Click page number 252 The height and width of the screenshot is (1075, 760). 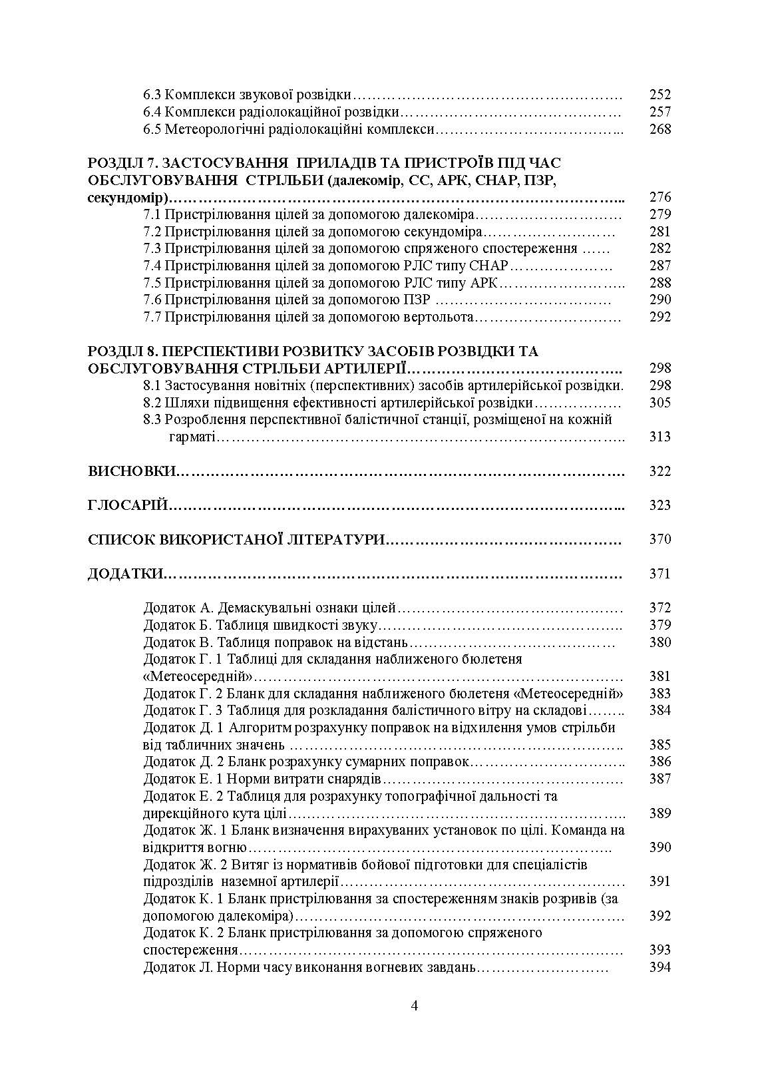coord(660,95)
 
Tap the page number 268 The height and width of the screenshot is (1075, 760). coord(660,129)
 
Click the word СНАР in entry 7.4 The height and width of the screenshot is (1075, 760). coord(489,266)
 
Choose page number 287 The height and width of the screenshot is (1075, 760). coord(660,266)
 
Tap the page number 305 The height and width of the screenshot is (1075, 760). coord(660,403)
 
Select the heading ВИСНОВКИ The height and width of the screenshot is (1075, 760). coord(131,471)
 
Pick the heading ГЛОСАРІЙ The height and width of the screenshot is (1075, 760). coord(127,505)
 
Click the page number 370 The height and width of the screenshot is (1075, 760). coord(660,539)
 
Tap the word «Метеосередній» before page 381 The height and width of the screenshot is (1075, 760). coord(198,677)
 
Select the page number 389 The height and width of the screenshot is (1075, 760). coord(660,813)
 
